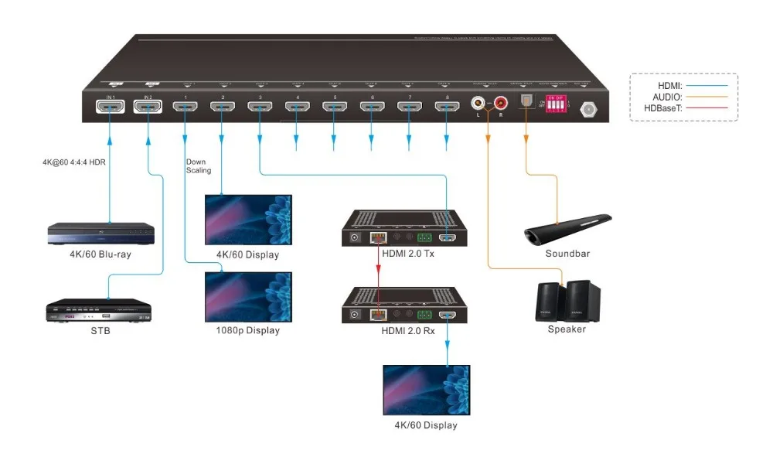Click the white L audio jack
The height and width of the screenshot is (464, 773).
(x=478, y=101)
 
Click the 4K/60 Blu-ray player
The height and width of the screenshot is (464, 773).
(x=100, y=233)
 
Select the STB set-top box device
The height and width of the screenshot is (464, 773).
(x=97, y=310)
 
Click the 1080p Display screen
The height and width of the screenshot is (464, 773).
(x=248, y=297)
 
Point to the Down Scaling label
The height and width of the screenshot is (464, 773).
(x=198, y=166)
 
